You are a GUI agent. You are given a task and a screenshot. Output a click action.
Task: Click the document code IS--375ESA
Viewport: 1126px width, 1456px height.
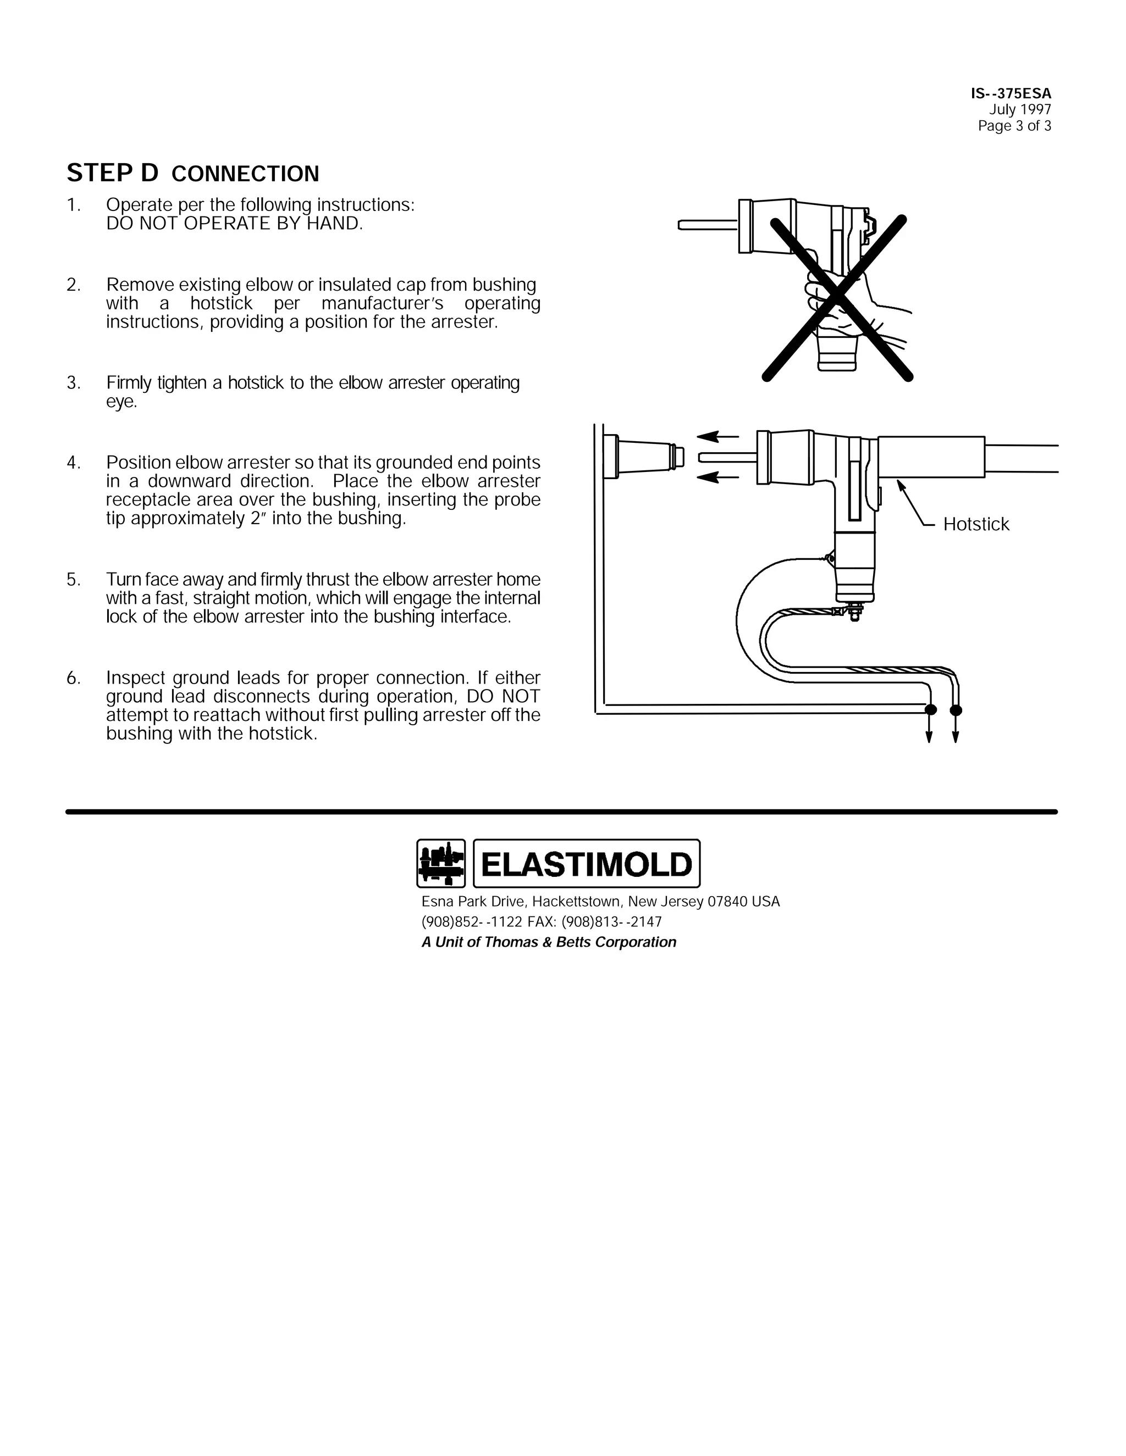[1011, 94]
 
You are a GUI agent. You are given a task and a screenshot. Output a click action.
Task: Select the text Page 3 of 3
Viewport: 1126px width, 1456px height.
[1014, 126]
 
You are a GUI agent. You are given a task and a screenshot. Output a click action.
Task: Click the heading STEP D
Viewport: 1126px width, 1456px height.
[112, 173]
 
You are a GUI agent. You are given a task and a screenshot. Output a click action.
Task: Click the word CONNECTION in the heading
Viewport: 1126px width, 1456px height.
[245, 175]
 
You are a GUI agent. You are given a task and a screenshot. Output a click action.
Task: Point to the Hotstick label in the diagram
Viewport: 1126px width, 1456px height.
[975, 525]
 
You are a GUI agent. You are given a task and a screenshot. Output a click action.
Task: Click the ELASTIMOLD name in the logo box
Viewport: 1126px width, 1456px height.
[586, 865]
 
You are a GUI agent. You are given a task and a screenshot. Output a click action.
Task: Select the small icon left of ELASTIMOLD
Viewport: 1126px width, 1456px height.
[440, 863]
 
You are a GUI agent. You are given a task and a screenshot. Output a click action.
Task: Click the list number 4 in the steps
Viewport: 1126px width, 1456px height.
[73, 463]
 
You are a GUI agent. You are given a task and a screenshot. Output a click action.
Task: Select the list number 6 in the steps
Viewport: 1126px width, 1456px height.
[73, 679]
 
